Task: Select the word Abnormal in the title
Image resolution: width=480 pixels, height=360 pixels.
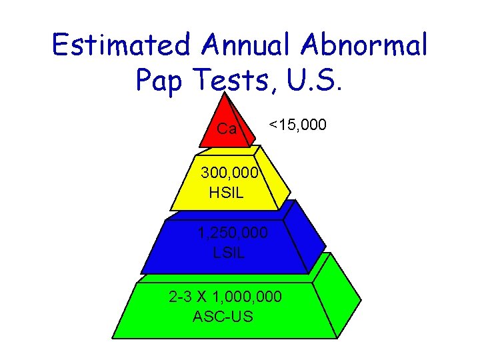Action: click(373, 46)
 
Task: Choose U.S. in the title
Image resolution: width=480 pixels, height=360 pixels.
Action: click(314, 80)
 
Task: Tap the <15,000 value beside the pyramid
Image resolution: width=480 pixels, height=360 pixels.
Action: click(297, 124)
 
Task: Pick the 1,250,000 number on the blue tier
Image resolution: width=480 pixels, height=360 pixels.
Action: click(233, 233)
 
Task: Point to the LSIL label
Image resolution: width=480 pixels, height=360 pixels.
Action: click(229, 253)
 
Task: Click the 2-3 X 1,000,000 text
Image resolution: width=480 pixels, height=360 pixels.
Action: click(225, 296)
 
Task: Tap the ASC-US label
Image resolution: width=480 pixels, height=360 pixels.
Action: click(223, 315)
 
